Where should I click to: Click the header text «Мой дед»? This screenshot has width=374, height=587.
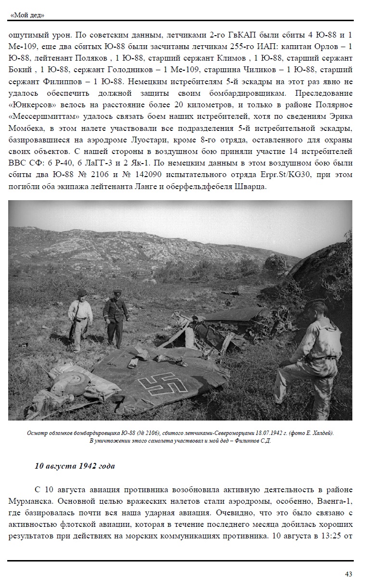[x=27, y=15]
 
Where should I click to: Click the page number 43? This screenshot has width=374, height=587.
[x=348, y=574]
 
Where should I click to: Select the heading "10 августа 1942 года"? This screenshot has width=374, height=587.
[x=75, y=466]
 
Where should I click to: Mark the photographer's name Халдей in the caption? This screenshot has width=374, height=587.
[x=322, y=433]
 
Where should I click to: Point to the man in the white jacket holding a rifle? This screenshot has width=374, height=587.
[x=81, y=318]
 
